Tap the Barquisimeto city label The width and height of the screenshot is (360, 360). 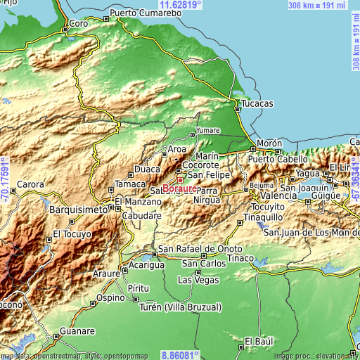77,210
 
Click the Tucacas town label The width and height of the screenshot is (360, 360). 257,103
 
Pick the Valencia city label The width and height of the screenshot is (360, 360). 259,195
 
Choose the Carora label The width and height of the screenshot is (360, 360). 31,184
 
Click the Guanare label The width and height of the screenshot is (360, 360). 77,330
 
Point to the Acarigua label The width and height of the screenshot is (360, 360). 146,265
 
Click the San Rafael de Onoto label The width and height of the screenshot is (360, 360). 200,249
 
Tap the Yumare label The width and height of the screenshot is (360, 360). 207,131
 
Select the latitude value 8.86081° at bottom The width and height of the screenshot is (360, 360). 180,355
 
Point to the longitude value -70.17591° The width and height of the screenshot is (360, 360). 5,180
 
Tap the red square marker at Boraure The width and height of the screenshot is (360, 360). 179,180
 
